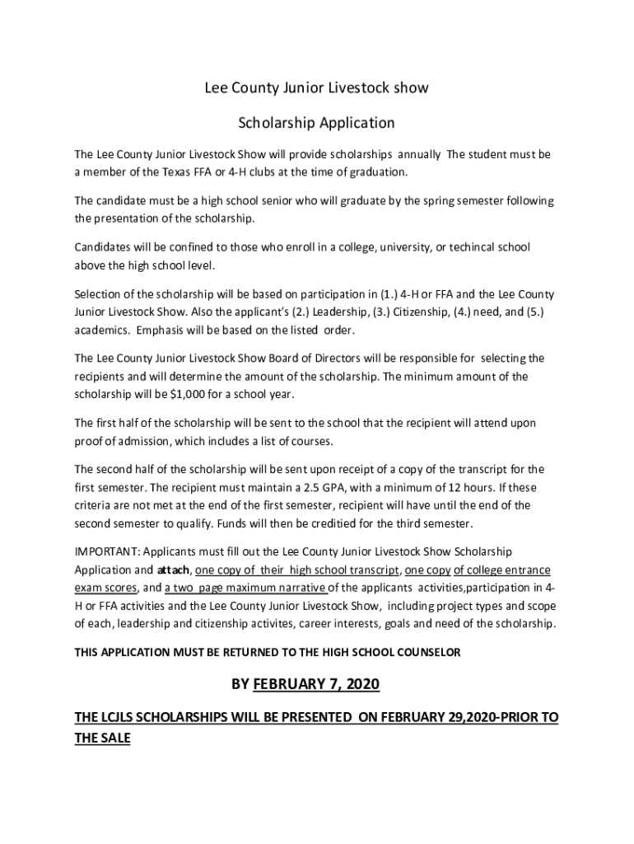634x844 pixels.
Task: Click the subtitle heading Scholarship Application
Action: [316, 124]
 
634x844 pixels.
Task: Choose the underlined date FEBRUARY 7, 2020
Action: [317, 684]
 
